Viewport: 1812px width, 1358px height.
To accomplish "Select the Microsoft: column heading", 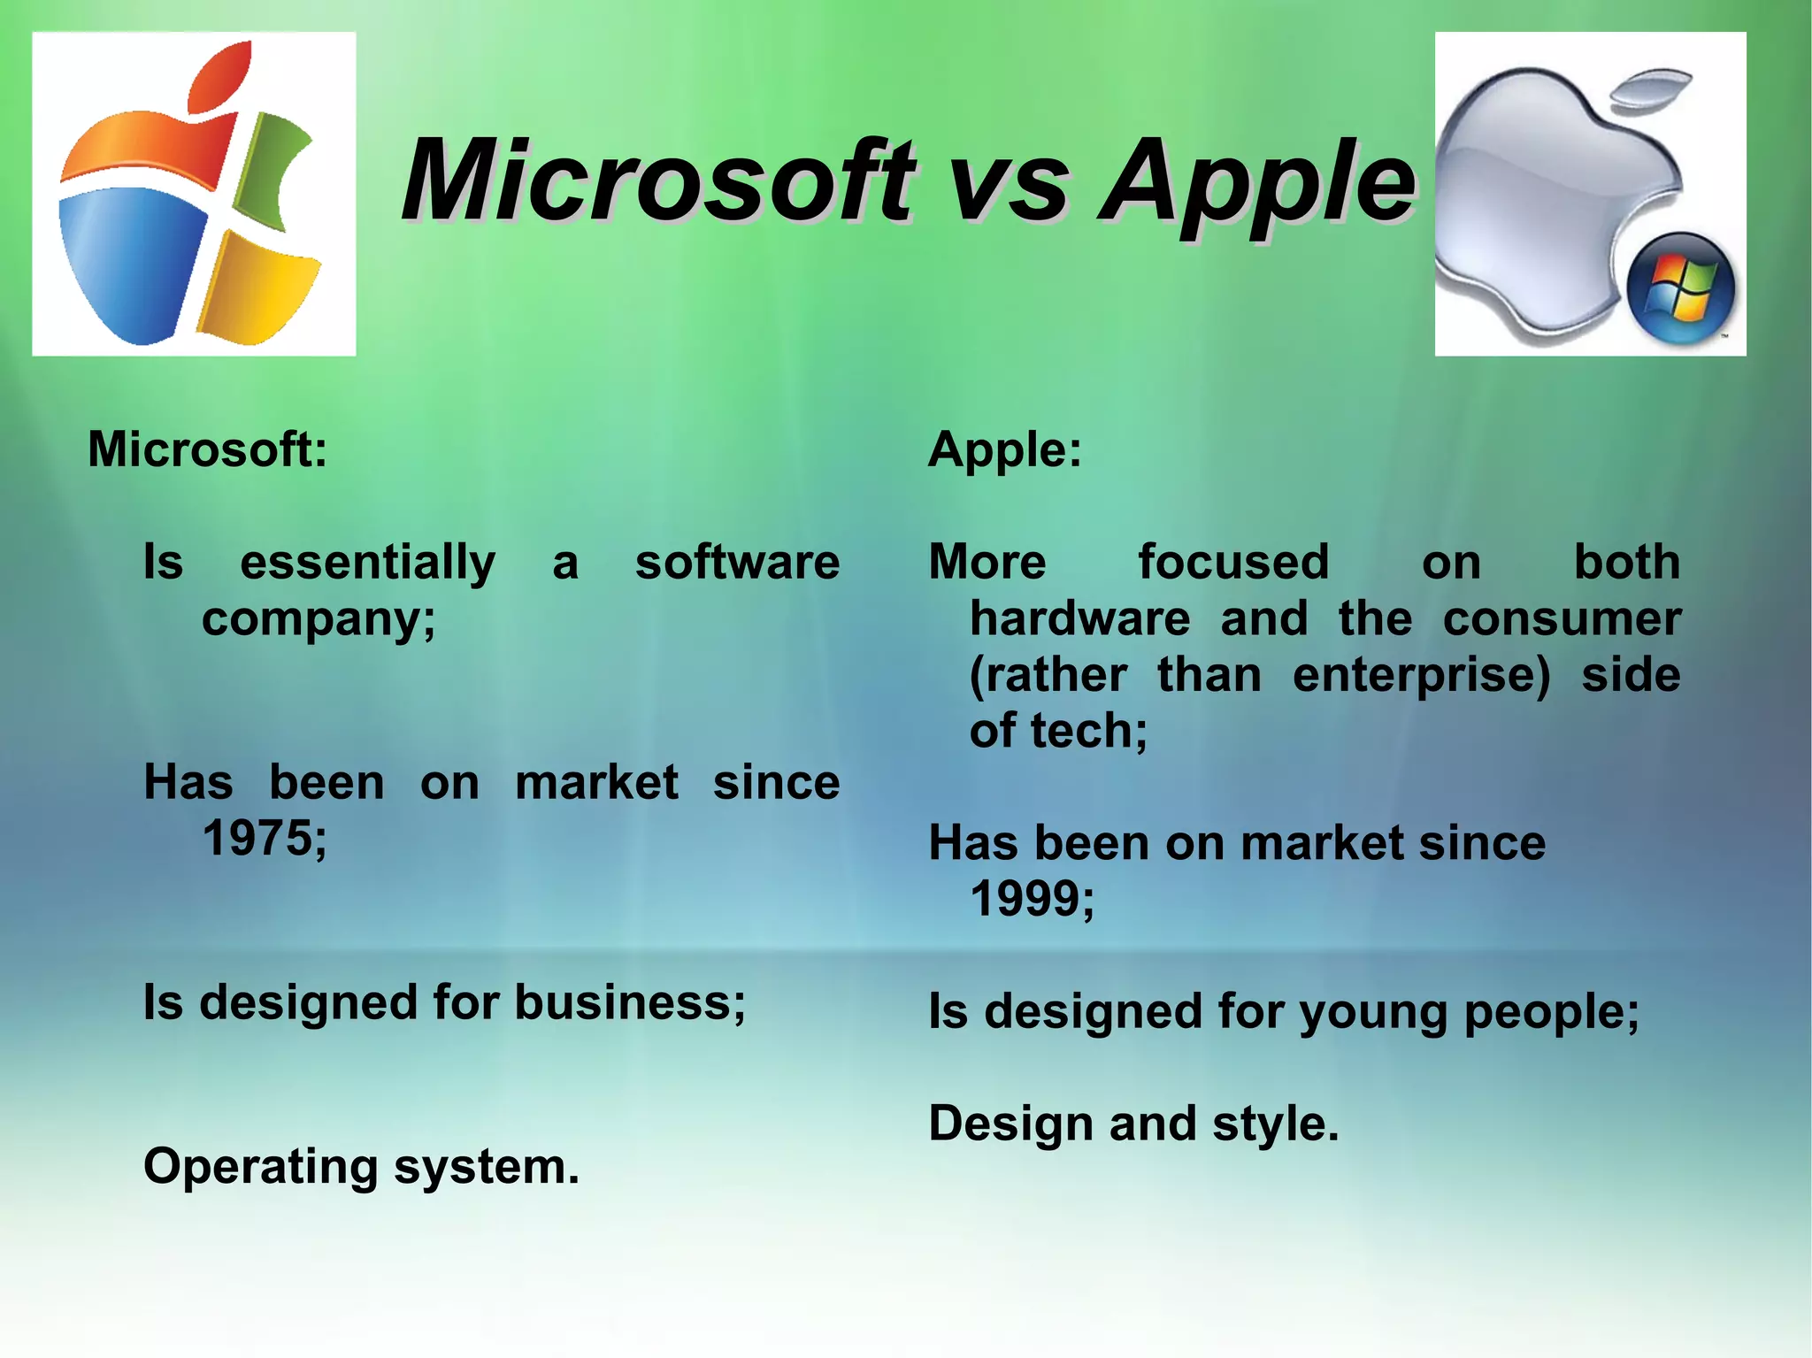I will click(x=208, y=449).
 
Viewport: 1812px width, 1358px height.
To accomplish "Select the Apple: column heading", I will click(x=1005, y=449).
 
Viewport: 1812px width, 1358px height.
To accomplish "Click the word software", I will click(x=737, y=563).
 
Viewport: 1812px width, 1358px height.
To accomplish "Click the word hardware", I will click(x=1080, y=618).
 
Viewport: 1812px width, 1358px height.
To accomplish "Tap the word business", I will click(x=623, y=1003).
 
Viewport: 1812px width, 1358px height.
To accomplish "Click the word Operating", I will click(x=261, y=1167).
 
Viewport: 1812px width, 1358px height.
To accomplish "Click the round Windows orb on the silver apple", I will click(x=1680, y=288).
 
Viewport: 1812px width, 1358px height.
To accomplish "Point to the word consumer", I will click(x=1562, y=618).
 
